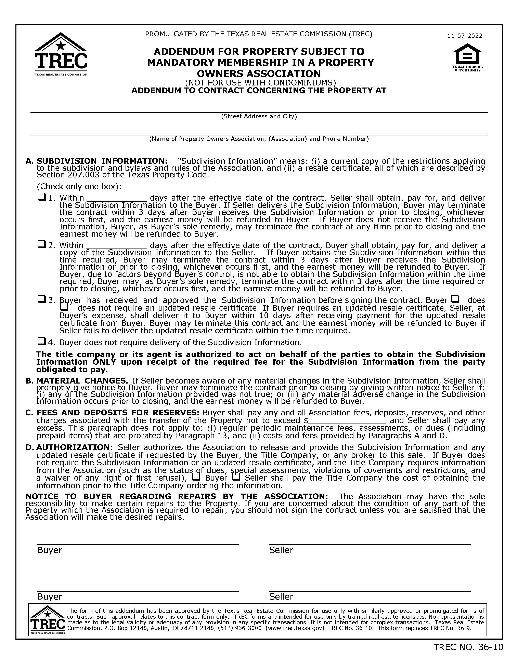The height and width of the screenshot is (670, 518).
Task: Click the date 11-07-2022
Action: point(465,36)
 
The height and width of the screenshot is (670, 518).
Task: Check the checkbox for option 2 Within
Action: point(41,244)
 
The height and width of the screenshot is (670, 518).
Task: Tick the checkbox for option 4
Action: point(41,341)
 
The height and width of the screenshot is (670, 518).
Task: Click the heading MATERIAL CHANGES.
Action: point(82,381)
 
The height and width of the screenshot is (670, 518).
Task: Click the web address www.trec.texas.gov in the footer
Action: point(295,628)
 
